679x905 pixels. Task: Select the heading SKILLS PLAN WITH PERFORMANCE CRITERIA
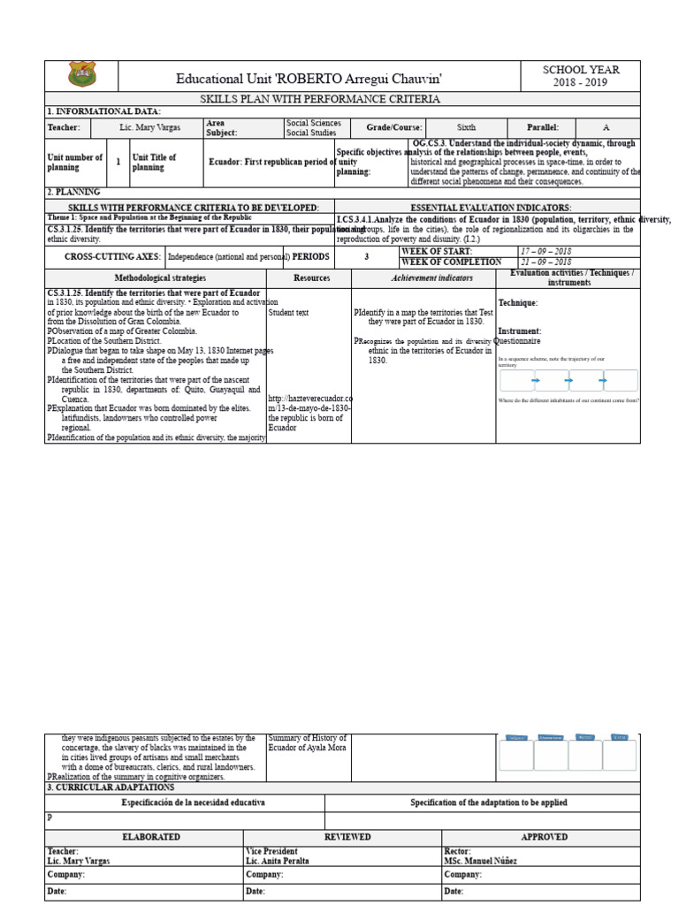click(319, 99)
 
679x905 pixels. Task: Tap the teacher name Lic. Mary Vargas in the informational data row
click(149, 127)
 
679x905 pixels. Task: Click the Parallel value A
click(606, 127)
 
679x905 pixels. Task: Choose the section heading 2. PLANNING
click(73, 191)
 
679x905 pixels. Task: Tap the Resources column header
click(311, 278)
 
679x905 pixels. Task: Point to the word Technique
click(517, 303)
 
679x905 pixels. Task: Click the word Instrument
click(519, 331)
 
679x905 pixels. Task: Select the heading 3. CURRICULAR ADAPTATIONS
click(111, 787)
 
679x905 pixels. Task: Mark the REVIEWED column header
click(347, 836)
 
